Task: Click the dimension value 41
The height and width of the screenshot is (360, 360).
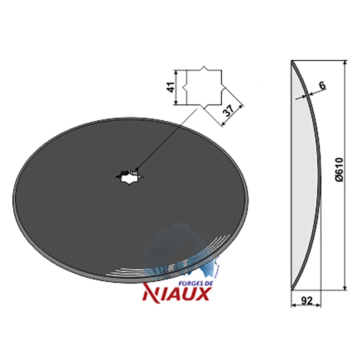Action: pyautogui.click(x=171, y=87)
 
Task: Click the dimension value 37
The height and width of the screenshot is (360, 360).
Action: pyautogui.click(x=229, y=111)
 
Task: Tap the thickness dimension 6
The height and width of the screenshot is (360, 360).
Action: pyautogui.click(x=322, y=86)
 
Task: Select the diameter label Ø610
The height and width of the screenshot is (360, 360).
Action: pyautogui.click(x=339, y=170)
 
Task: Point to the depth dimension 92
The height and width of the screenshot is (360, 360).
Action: pyautogui.click(x=306, y=301)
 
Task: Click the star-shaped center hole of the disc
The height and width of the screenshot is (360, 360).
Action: pyautogui.click(x=130, y=177)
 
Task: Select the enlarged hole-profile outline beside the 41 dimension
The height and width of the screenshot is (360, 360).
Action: pyautogui.click(x=204, y=87)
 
